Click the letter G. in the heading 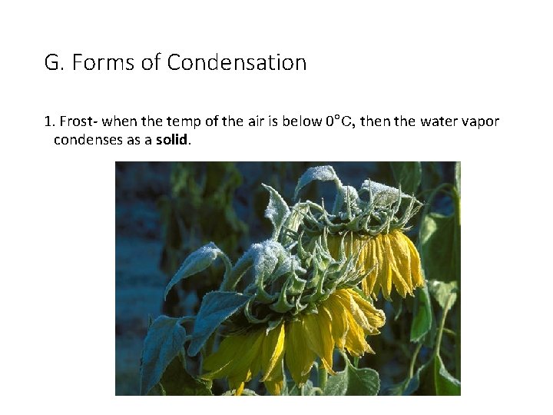tap(54, 62)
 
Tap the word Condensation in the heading tap(237, 62)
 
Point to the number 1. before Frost tap(49, 121)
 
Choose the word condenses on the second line tap(87, 140)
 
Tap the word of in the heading tap(151, 62)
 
